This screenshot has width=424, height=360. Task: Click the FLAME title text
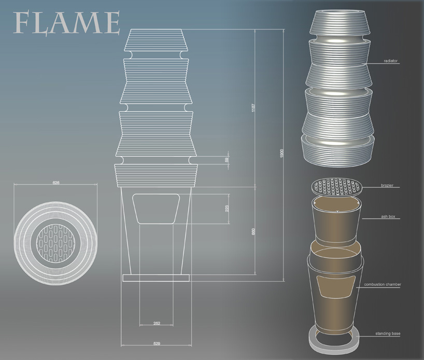coord(66,22)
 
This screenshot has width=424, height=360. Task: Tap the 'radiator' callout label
coord(390,61)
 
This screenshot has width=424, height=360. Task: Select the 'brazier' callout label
coord(387,185)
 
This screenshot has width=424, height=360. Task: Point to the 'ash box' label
coord(388,216)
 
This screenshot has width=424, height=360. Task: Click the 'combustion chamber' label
coord(383,284)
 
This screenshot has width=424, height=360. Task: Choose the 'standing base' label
coord(388,334)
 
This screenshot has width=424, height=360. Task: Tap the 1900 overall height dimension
coord(281,154)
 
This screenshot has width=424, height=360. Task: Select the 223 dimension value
coord(227,208)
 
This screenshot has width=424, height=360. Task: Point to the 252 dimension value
coord(157,323)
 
